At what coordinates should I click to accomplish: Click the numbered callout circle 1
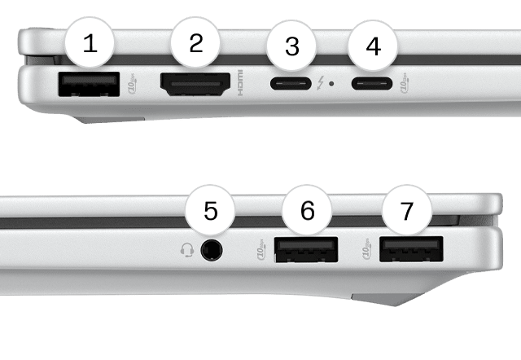(x=90, y=43)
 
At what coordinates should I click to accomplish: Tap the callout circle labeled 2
(x=195, y=43)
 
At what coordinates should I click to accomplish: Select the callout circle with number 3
(x=292, y=46)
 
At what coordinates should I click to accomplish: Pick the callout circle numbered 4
(x=373, y=46)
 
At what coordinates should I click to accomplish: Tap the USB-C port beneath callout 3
(x=292, y=84)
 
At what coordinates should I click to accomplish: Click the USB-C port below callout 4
(x=373, y=84)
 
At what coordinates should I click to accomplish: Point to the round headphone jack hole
(x=212, y=249)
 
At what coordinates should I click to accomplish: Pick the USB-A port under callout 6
(x=307, y=249)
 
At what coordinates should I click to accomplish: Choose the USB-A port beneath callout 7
(x=411, y=249)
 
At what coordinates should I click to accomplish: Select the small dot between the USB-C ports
(x=338, y=84)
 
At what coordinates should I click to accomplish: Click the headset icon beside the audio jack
(x=186, y=249)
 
